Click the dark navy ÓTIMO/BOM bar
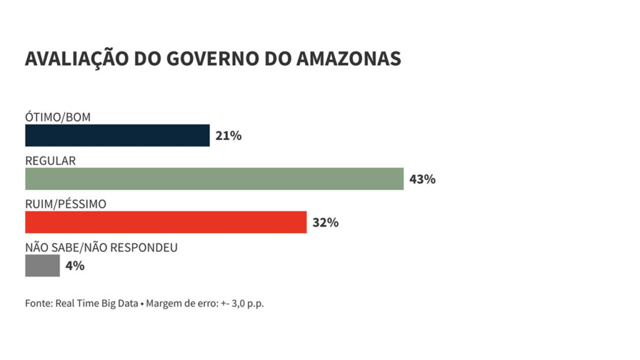pos(117,136)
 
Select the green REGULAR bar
pos(214,179)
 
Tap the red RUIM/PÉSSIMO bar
pos(166,222)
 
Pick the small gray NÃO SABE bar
pos(42,266)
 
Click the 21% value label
pos(228,136)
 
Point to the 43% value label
pos(422,179)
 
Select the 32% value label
pos(325,222)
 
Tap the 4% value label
pos(74,266)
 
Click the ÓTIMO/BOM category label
pos(58,117)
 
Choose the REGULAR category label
pos(50,161)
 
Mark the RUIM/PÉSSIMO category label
pos(66,204)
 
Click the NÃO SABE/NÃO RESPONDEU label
pos(101,247)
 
